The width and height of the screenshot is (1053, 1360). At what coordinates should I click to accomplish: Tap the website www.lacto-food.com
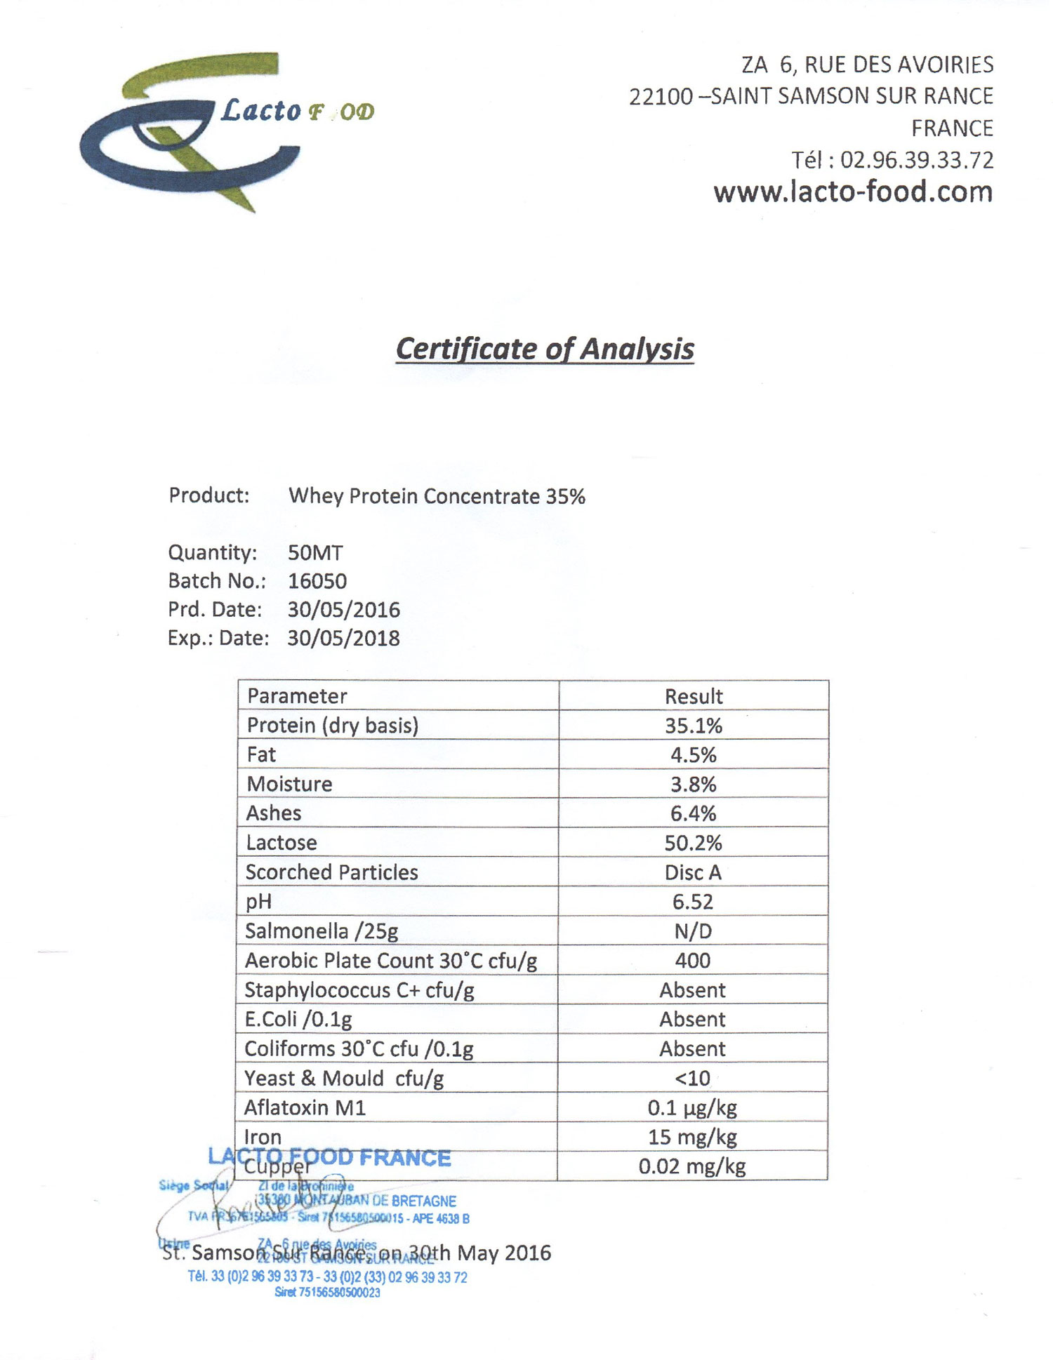pos(853,192)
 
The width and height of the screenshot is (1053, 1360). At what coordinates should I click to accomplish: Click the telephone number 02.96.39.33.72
pos(917,160)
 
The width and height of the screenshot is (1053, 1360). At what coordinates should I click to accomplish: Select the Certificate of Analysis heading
pos(545,349)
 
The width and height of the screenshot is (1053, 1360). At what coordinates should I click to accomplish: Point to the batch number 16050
pos(317,581)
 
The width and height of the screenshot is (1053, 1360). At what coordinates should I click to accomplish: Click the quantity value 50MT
pos(315,553)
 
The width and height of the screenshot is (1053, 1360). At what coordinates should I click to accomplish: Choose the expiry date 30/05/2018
pos(343,638)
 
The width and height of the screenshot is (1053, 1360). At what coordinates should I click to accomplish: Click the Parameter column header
pos(297,696)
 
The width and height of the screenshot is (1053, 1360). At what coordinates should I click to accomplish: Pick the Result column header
pos(694,696)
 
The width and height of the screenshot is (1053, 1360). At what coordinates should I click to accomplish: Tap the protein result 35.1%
pos(694,726)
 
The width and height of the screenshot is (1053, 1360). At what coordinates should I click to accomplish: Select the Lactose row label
pos(281,843)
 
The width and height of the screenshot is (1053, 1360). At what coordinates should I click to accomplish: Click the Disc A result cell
pos(693,872)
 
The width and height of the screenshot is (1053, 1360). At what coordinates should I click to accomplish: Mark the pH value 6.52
pos(693,902)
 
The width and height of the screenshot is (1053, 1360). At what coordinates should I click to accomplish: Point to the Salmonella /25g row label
pos(322,931)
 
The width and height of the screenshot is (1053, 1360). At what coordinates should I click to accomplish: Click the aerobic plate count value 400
pos(693,961)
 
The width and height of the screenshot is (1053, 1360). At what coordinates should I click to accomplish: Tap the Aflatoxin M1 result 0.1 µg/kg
pos(692,1108)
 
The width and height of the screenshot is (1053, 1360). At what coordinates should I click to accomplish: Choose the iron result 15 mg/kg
pos(692,1137)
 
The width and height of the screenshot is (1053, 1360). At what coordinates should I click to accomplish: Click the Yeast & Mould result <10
pos(692,1078)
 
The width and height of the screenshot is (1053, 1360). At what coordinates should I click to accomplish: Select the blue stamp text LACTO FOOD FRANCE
pos(329,1157)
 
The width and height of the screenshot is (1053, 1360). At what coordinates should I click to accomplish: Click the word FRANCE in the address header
pos(952,128)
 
